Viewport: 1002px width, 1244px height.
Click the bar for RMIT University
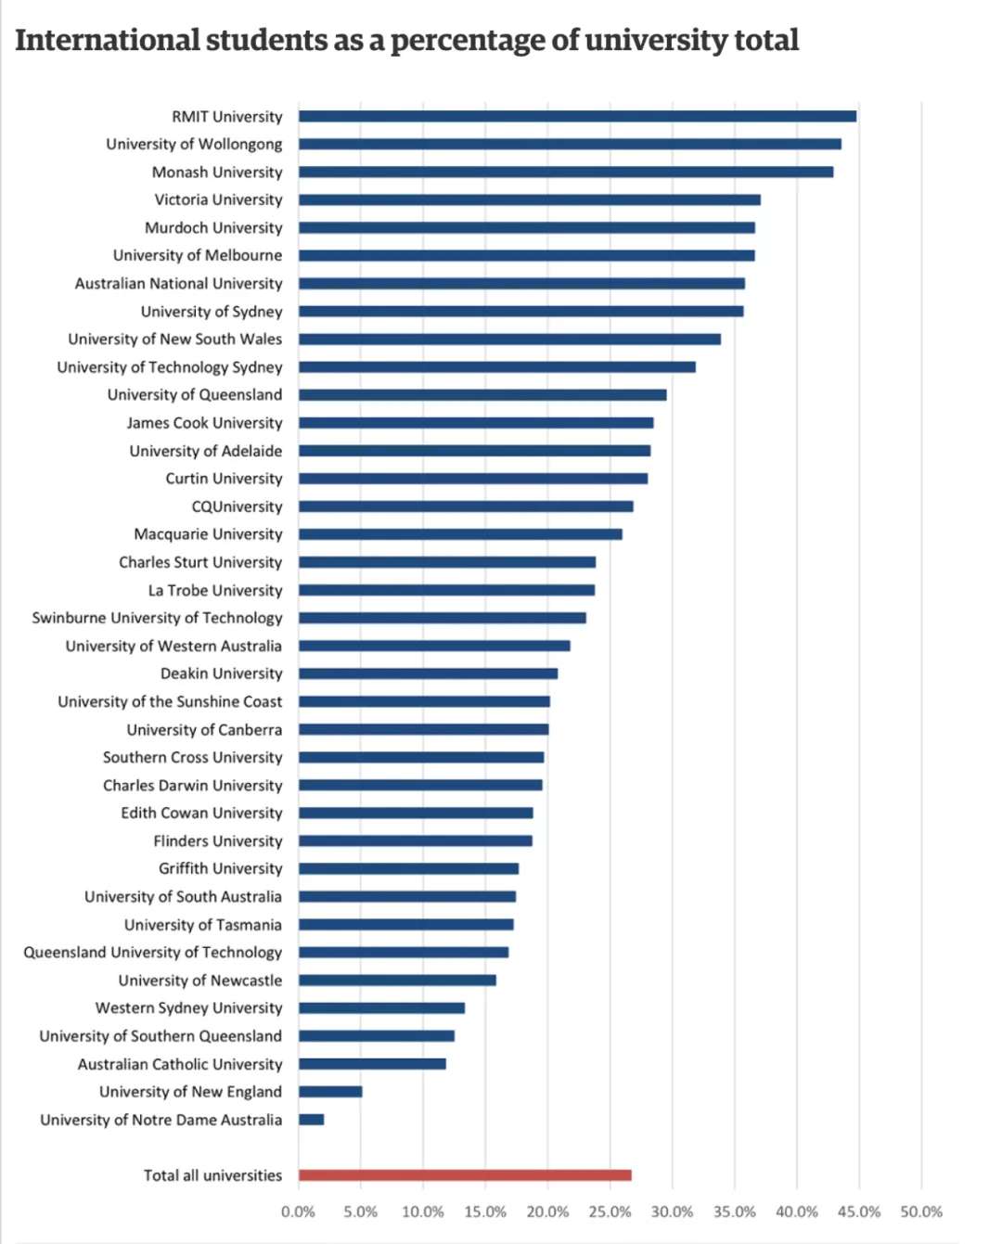[x=577, y=116]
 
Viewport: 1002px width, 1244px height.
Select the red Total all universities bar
[x=465, y=1175]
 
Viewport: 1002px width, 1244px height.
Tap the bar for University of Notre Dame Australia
[x=312, y=1120]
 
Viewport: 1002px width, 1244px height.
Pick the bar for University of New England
[x=330, y=1092]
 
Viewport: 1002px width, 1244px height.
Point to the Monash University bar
[x=566, y=172]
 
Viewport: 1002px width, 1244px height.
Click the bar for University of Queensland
[x=482, y=394]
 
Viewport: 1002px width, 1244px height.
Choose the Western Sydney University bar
[x=381, y=1008]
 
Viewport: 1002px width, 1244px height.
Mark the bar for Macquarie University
[x=460, y=534]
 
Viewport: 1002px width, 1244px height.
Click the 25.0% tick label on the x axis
[x=610, y=1212]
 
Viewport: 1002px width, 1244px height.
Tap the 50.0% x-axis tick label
[x=921, y=1212]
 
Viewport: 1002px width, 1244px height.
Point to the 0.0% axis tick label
[x=298, y=1212]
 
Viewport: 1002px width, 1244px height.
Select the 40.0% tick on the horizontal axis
[x=797, y=1212]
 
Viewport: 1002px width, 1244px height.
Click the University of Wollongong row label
[x=194, y=144]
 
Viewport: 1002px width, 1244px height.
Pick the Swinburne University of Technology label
[x=157, y=618]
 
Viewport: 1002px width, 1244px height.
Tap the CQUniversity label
[x=237, y=507]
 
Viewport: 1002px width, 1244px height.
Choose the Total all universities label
[x=212, y=1175]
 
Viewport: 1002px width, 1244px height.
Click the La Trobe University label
[x=215, y=590]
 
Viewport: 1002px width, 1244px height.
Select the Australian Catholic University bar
[x=372, y=1064]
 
